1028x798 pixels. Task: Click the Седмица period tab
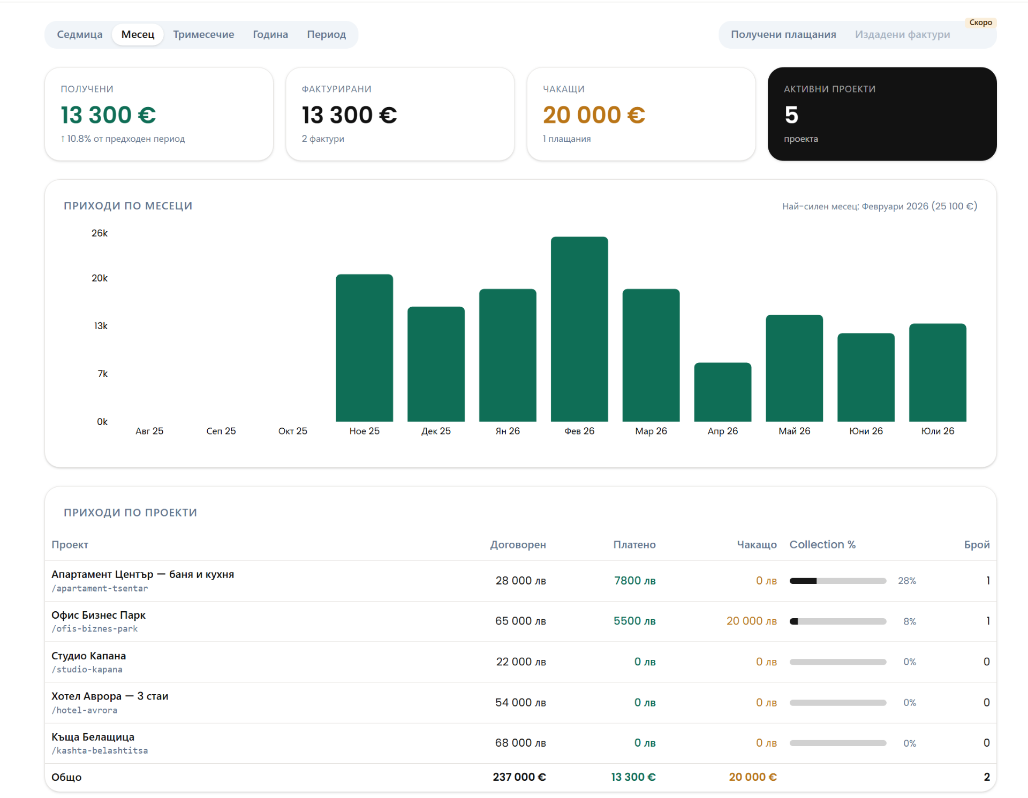(x=80, y=35)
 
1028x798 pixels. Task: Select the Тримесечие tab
(x=203, y=35)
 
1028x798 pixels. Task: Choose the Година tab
(x=270, y=35)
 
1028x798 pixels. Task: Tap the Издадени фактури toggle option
(x=902, y=35)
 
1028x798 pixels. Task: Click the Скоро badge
(x=980, y=22)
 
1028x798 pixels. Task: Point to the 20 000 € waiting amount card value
(x=594, y=115)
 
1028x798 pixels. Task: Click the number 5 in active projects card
(x=791, y=115)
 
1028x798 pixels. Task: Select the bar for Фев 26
(x=579, y=329)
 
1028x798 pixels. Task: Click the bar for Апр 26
(x=723, y=392)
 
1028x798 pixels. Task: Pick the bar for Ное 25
(x=365, y=348)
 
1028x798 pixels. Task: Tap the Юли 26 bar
(x=938, y=373)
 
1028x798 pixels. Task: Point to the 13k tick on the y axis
(x=101, y=326)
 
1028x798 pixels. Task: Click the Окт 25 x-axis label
(x=293, y=431)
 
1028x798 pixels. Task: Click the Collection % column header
(x=822, y=545)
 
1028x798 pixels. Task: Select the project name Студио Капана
(x=89, y=656)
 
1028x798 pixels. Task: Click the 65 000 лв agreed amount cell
(x=520, y=621)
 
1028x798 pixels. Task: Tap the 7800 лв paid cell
(x=635, y=581)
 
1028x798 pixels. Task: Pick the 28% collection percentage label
(x=907, y=581)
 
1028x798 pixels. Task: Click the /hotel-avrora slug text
(x=85, y=710)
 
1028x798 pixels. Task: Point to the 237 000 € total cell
(x=519, y=777)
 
